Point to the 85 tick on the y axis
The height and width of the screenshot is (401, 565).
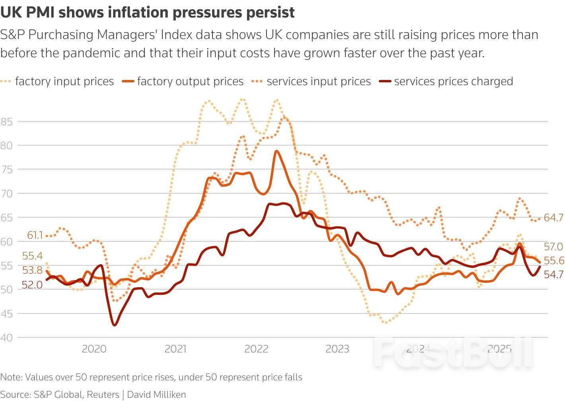(x=6, y=122)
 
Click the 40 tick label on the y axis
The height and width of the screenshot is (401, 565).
(x=6, y=338)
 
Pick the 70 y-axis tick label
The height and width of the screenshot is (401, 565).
(x=6, y=194)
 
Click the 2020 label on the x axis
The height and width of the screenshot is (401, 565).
(x=94, y=349)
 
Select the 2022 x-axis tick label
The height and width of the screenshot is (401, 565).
(x=256, y=349)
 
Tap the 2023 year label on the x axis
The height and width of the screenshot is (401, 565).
(x=337, y=349)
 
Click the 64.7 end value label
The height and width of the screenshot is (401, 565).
(x=553, y=218)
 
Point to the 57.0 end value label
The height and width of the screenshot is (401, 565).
(x=553, y=247)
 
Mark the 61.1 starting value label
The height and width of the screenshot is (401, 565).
(x=35, y=235)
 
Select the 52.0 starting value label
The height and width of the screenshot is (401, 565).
(x=32, y=285)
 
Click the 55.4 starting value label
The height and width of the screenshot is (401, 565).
(x=32, y=256)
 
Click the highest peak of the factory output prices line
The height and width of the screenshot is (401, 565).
(x=277, y=151)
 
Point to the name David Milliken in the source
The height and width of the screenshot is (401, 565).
(x=156, y=395)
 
